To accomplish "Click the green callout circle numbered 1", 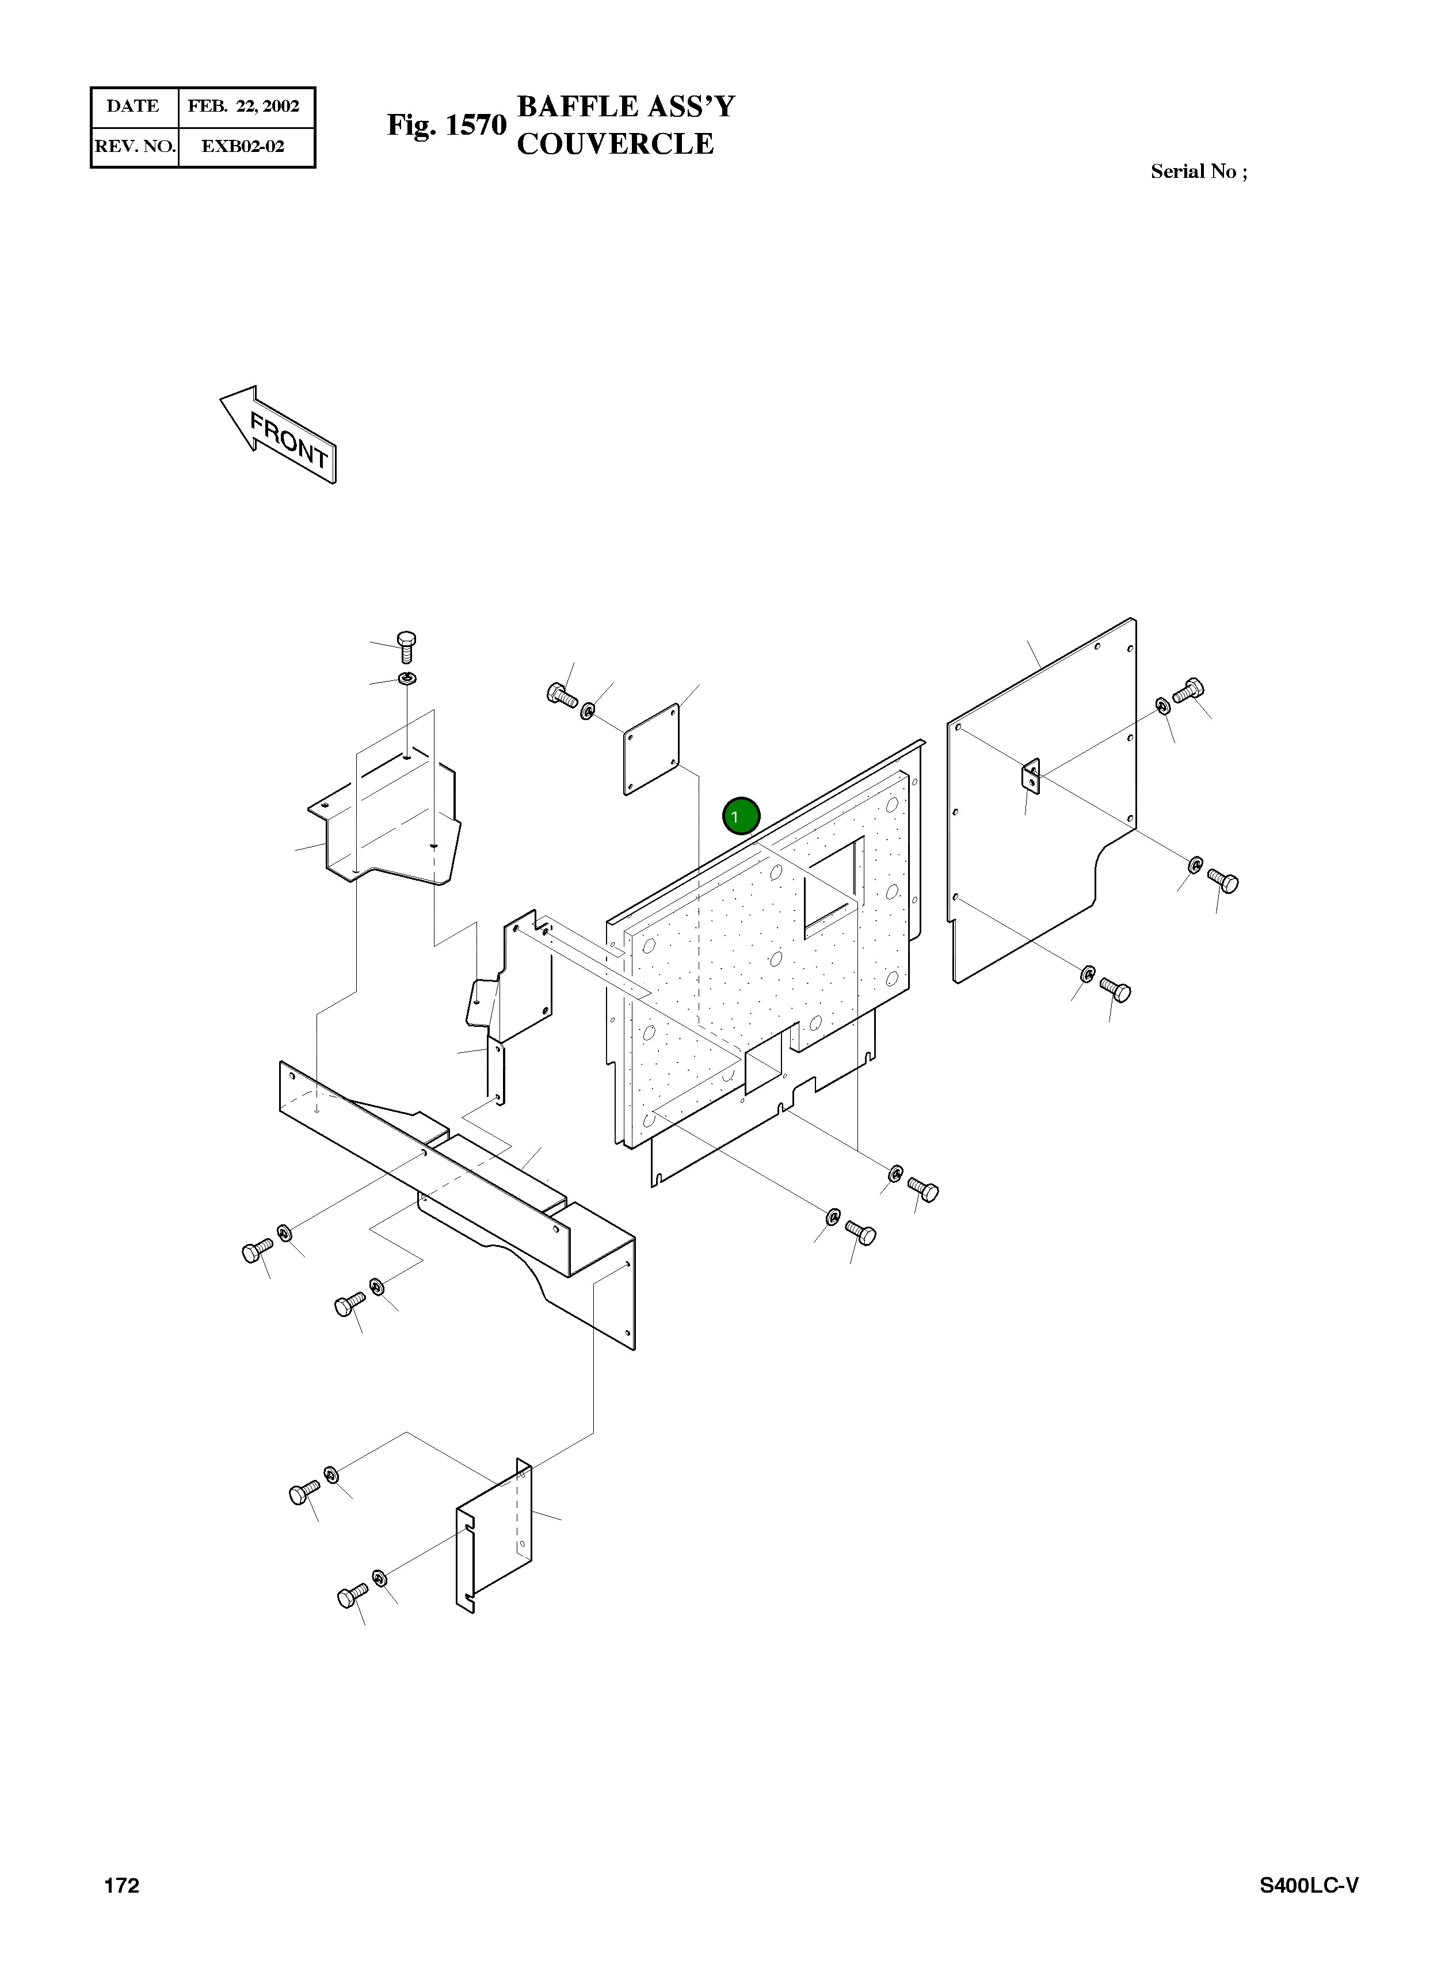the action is click(741, 816).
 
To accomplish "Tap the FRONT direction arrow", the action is click(277, 435).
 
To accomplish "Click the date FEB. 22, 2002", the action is click(244, 106).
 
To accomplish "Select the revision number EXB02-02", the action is click(243, 146).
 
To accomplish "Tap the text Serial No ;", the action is click(1198, 172).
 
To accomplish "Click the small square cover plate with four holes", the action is click(651, 749).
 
